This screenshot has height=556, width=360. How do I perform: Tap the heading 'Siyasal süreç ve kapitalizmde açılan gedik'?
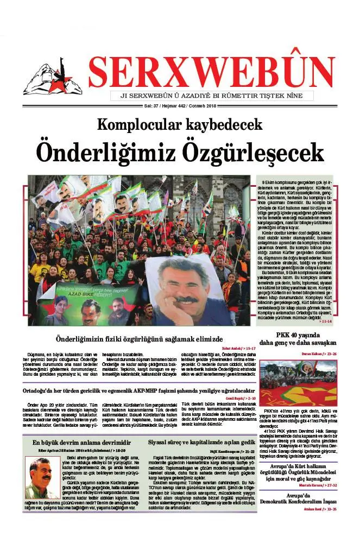coord(202,443)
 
